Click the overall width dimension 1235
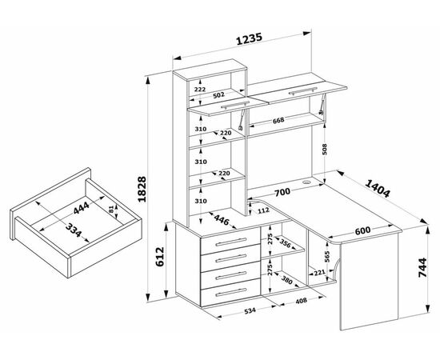tap(249, 38)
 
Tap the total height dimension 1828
tap(142, 189)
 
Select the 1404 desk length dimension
tap(378, 188)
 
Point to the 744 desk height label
tap(422, 267)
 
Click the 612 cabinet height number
tap(159, 257)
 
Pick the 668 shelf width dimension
tap(278, 120)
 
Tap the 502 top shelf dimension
tap(218, 95)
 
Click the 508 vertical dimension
tap(325, 150)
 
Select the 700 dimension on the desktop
tap(282, 193)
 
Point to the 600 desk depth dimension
tap(362, 230)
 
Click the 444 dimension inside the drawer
tap(82, 208)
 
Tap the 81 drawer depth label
tap(111, 209)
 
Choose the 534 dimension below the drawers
tap(250, 310)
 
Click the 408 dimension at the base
tap(302, 301)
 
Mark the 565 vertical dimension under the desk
tap(327, 257)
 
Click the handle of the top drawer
tap(231, 242)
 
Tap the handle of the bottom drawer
tap(231, 292)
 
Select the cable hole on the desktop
tap(306, 182)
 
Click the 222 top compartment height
tap(200, 90)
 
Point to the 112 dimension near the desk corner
tap(263, 210)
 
